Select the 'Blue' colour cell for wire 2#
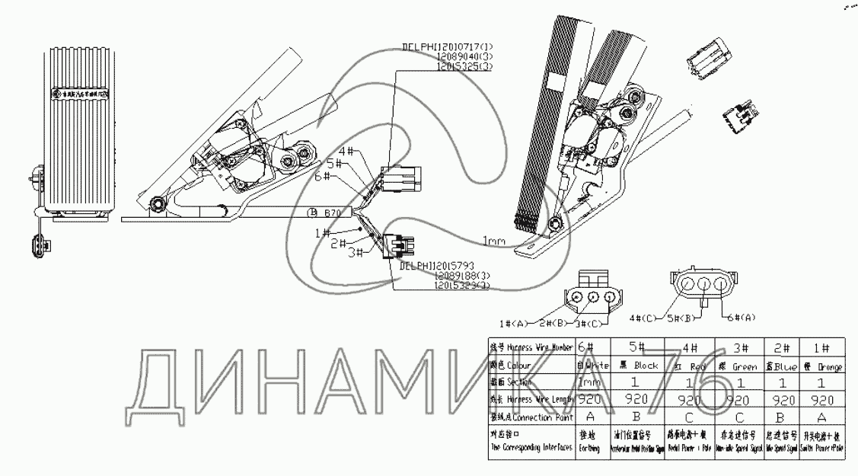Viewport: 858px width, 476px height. point(780,366)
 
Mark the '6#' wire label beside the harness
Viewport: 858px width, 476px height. point(322,177)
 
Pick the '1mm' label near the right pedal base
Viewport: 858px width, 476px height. point(493,241)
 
